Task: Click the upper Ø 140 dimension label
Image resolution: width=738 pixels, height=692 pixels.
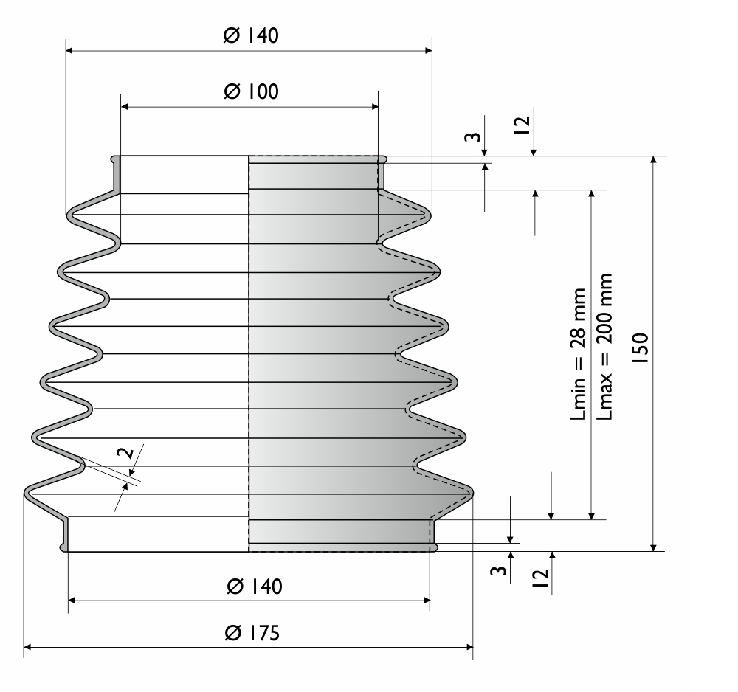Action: (x=251, y=35)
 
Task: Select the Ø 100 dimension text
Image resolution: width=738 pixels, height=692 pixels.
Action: (x=252, y=91)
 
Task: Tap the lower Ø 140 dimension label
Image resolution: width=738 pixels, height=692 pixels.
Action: (x=254, y=587)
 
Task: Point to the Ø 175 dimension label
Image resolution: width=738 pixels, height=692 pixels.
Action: (x=252, y=633)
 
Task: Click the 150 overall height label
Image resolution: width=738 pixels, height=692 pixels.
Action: (x=641, y=348)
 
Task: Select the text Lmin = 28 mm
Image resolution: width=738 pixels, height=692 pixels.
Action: (x=579, y=354)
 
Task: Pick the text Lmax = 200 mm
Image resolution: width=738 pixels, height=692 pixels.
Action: (x=604, y=346)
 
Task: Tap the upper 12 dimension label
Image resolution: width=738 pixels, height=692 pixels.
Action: (x=522, y=125)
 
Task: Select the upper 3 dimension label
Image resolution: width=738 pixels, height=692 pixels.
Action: (x=473, y=137)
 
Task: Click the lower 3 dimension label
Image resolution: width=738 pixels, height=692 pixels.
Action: (x=499, y=570)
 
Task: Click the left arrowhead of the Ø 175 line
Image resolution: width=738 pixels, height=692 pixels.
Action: (x=27, y=647)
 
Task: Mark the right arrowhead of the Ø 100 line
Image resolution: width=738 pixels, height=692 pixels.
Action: (x=375, y=107)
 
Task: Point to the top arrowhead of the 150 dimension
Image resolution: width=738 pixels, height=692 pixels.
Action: (x=653, y=160)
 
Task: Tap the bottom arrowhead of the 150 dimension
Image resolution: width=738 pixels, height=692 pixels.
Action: (x=653, y=547)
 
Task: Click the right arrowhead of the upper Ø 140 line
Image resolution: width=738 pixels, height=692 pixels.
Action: (x=428, y=50)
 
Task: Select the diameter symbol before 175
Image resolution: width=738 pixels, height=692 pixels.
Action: (x=233, y=633)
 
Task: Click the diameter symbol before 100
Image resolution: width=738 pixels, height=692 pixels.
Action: (x=232, y=91)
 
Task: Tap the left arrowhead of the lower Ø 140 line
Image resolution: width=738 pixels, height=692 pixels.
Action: (x=72, y=601)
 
